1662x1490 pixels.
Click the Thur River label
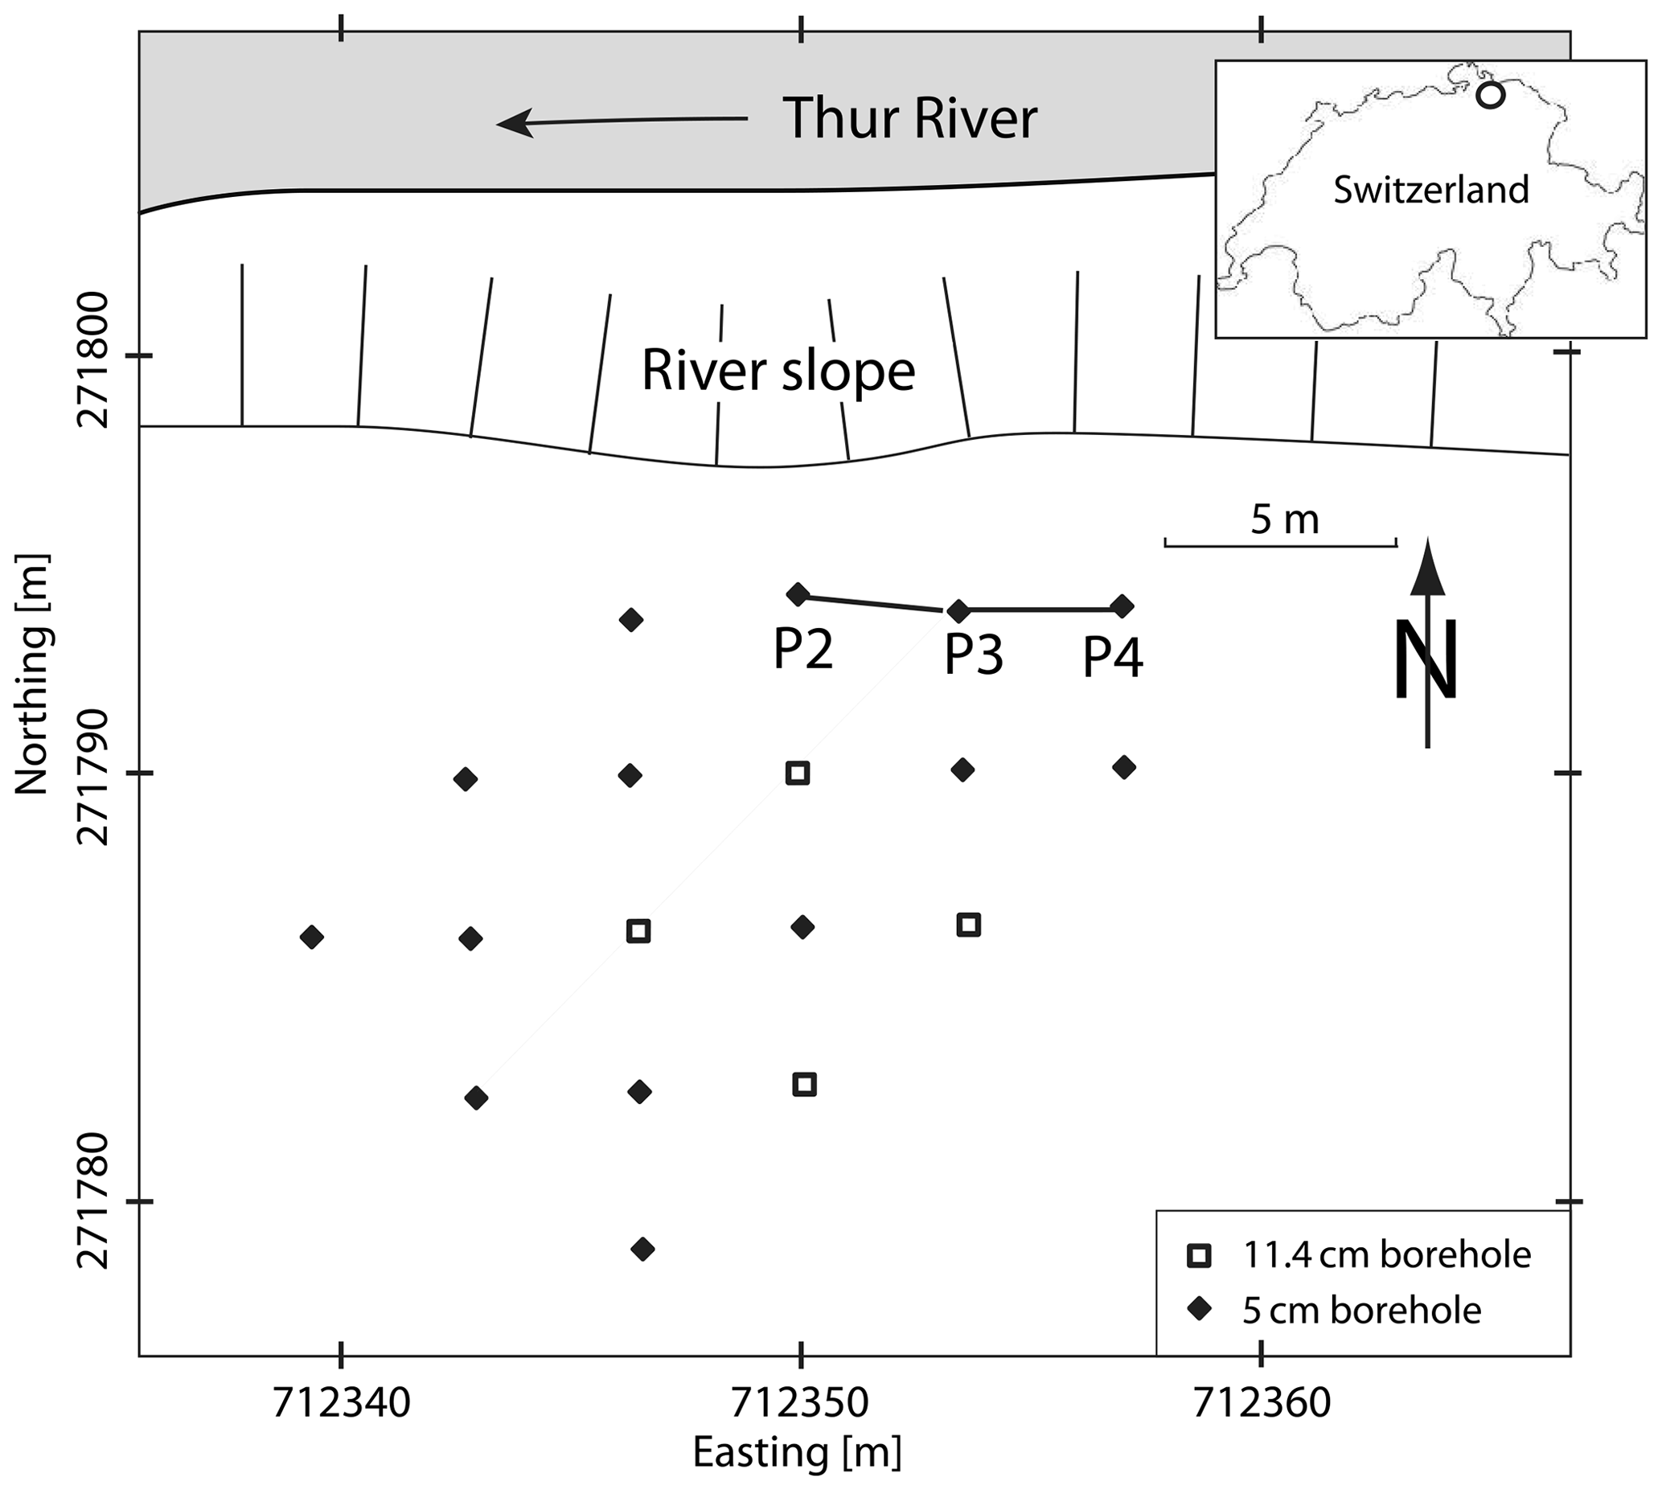(909, 119)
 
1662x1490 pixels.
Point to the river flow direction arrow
(622, 122)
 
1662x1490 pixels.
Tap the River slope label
(778, 371)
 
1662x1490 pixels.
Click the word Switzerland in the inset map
(1431, 190)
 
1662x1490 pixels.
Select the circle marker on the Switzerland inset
(1490, 96)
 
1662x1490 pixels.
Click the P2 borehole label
(803, 650)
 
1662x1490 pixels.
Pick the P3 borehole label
(974, 655)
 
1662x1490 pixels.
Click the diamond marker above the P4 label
(1122, 606)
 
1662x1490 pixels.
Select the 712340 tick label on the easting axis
(342, 1402)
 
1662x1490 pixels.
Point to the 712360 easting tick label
(1262, 1402)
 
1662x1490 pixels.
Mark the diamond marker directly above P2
(798, 594)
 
